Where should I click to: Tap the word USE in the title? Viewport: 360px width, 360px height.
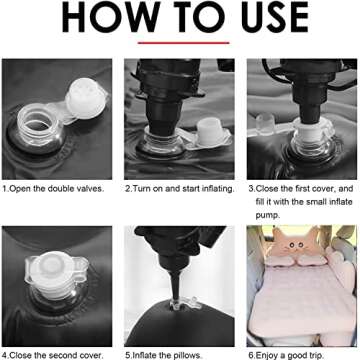click(273, 17)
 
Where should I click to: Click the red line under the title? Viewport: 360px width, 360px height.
click(184, 43)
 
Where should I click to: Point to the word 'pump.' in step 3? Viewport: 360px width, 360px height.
click(267, 216)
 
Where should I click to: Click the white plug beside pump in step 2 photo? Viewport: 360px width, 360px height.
click(210, 133)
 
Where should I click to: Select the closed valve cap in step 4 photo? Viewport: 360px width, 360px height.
click(53, 269)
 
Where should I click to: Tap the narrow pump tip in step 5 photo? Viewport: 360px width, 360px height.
click(176, 289)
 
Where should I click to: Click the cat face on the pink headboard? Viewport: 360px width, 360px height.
click(293, 247)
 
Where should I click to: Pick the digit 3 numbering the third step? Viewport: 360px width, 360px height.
click(251, 189)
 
